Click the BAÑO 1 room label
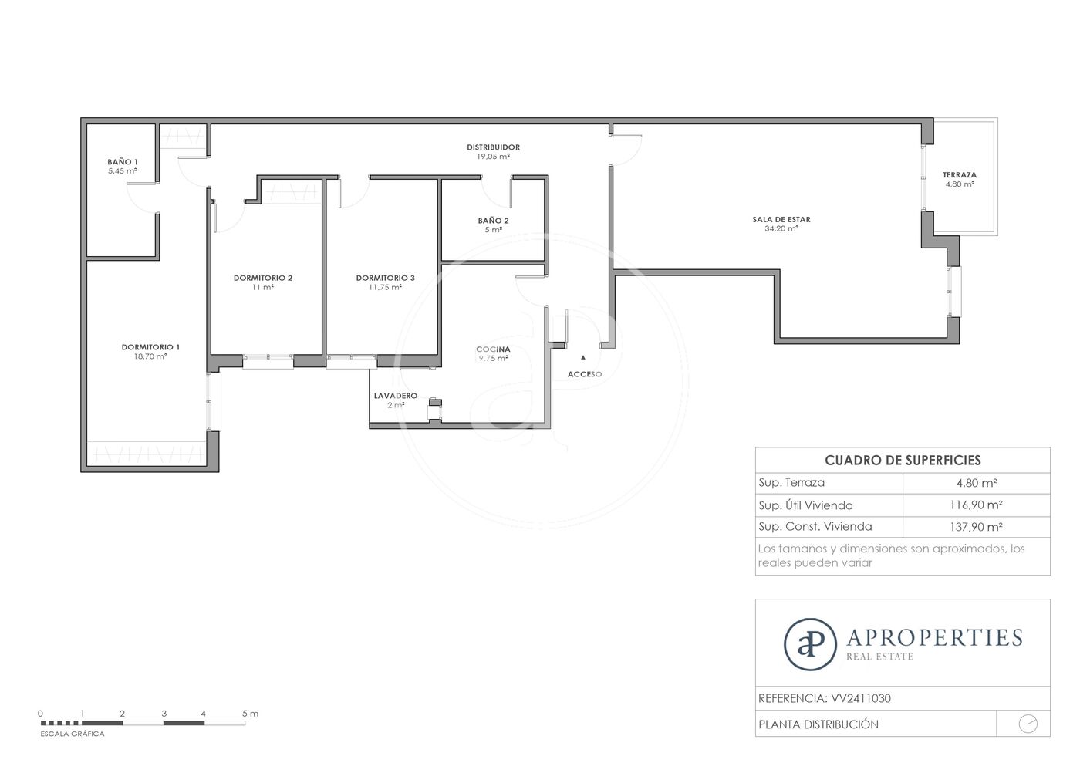point(123,162)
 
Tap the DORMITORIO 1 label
point(150,347)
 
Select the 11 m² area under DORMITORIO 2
point(263,288)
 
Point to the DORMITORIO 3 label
point(385,278)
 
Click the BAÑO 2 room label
point(493,221)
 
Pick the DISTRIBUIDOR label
point(493,147)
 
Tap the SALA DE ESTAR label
point(781,219)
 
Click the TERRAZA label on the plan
point(960,175)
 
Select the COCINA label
point(493,349)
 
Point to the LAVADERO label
point(396,396)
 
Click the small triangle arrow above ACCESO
point(583,357)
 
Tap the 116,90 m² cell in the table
point(977,505)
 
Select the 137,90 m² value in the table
point(977,527)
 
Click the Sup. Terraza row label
point(791,483)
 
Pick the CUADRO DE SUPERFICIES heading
point(903,461)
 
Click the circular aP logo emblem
point(810,644)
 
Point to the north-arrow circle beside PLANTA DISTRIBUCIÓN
point(1028,724)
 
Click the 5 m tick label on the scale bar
point(250,714)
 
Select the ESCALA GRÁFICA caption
point(73,734)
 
